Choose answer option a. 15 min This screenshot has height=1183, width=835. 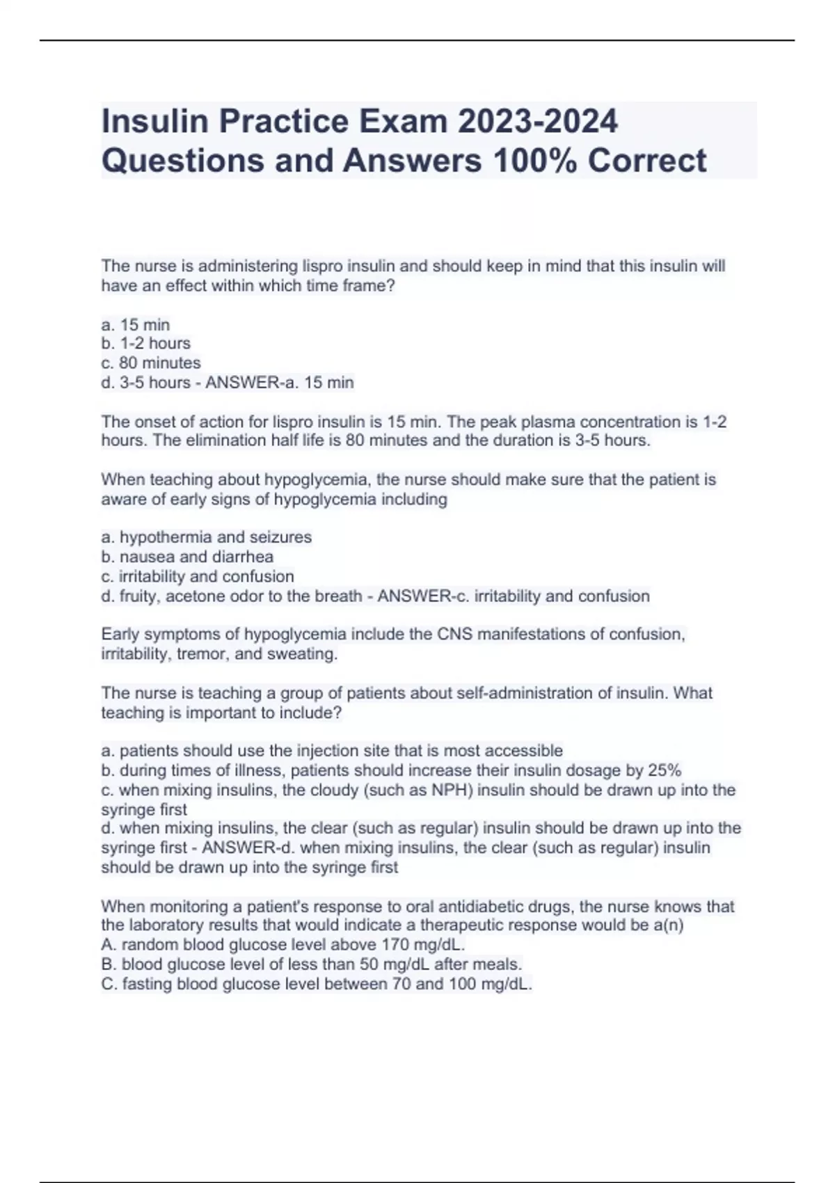136,325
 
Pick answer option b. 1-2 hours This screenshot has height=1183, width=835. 145,344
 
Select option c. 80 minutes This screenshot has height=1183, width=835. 151,363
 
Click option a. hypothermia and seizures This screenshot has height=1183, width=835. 207,537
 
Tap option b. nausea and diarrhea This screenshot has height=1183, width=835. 187,557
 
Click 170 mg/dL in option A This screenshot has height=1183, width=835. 422,945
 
